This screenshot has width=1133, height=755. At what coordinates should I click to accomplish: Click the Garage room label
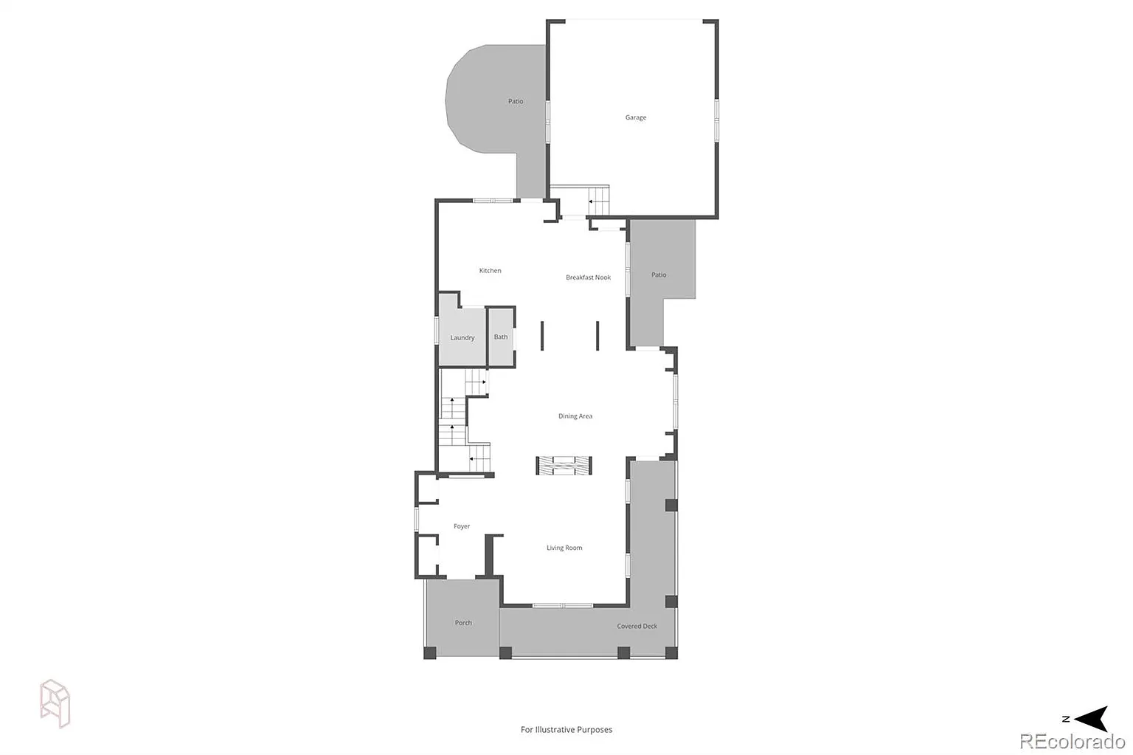pyautogui.click(x=635, y=117)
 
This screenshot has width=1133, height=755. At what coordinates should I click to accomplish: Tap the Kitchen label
pyautogui.click(x=490, y=271)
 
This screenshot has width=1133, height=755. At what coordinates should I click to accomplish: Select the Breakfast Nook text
pyautogui.click(x=588, y=277)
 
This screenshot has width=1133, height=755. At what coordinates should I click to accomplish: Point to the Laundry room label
pyautogui.click(x=462, y=337)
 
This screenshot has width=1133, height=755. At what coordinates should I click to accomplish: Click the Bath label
pyautogui.click(x=501, y=337)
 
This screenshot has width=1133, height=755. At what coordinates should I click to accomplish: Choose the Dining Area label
pyautogui.click(x=575, y=416)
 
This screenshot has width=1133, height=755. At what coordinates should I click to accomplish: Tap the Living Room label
pyautogui.click(x=564, y=548)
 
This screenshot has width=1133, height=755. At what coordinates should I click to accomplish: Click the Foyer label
pyautogui.click(x=461, y=526)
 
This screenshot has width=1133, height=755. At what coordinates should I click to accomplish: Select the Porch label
pyautogui.click(x=462, y=623)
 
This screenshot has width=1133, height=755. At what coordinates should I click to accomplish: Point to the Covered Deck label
pyautogui.click(x=637, y=626)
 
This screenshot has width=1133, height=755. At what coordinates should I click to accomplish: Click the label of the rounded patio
pyautogui.click(x=516, y=101)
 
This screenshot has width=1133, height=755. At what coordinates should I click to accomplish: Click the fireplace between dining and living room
pyautogui.click(x=564, y=466)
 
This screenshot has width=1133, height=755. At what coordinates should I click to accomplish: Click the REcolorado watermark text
pyautogui.click(x=1072, y=742)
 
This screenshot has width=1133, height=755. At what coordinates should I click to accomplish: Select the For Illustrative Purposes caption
pyautogui.click(x=566, y=729)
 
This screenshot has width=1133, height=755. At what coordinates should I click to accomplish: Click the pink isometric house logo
pyautogui.click(x=55, y=703)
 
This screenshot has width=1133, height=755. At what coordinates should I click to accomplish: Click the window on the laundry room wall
pyautogui.click(x=437, y=331)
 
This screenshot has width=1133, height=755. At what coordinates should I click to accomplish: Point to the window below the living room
pyautogui.click(x=563, y=605)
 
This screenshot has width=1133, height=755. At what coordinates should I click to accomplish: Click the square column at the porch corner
pyautogui.click(x=429, y=652)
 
